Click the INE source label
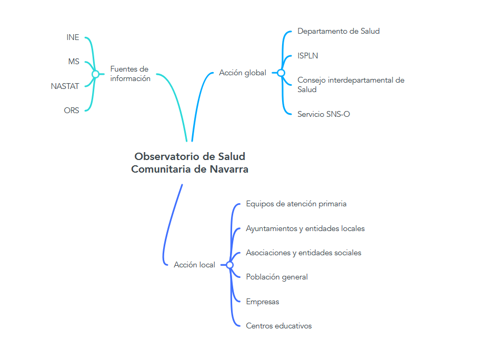click(x=73, y=37)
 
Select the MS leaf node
click(x=74, y=62)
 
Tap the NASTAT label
click(x=65, y=86)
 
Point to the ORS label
click(x=72, y=111)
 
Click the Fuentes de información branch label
click(x=130, y=74)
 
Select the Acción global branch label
click(x=243, y=73)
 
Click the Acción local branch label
click(x=194, y=265)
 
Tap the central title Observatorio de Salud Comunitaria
click(x=189, y=163)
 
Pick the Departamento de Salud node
click(x=338, y=31)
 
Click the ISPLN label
click(x=307, y=56)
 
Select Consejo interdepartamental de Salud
click(x=351, y=85)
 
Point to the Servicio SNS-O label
click(x=323, y=114)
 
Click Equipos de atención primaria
click(x=296, y=204)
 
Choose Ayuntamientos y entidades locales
click(x=305, y=228)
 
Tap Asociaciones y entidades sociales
click(x=304, y=253)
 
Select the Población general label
click(x=277, y=277)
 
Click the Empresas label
click(x=263, y=302)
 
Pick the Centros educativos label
click(x=279, y=326)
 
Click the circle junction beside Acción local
click(x=229, y=265)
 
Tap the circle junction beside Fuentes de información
click(x=95, y=74)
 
